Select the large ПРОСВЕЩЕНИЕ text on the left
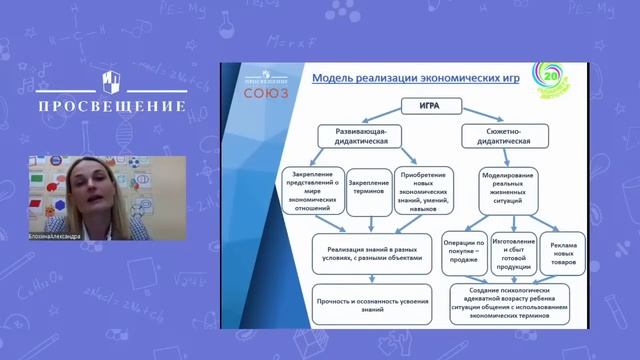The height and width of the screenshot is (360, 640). click(x=112, y=106)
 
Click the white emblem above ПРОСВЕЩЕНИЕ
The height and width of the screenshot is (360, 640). click(x=112, y=79)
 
